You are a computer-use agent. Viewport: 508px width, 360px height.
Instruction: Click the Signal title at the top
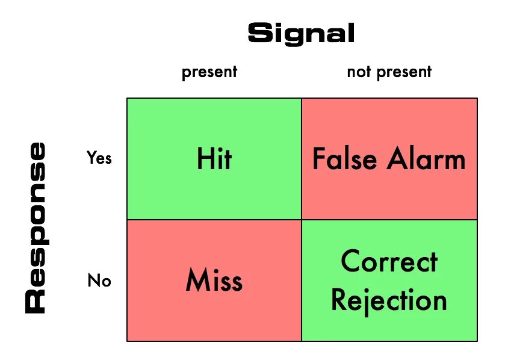301,34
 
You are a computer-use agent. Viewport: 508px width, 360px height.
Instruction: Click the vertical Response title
36,227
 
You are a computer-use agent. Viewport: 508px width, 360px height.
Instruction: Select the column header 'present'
209,73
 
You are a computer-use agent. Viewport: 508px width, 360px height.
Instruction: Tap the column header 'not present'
389,72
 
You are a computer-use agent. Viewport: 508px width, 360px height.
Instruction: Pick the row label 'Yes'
99,158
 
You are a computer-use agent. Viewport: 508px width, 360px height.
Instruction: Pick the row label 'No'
99,281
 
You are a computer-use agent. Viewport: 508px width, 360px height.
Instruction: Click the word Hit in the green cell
214,160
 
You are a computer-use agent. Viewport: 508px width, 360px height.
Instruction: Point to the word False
344,160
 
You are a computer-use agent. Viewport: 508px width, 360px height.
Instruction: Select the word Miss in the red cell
214,281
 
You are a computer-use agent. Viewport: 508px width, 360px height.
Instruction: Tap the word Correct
389,262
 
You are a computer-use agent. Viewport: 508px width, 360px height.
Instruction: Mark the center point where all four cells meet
302,220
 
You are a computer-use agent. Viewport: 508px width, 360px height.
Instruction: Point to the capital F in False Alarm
318,160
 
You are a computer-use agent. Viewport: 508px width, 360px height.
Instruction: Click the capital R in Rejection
339,300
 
